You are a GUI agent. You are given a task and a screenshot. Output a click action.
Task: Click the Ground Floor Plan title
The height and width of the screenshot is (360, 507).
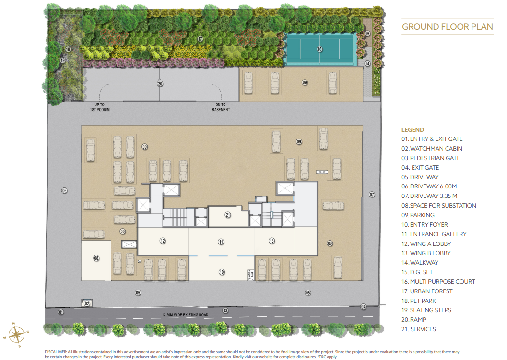point(447,26)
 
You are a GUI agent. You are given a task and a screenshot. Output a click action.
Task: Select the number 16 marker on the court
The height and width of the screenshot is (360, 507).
point(319,49)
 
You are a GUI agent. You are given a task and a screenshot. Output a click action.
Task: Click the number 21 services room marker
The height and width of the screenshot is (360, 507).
point(228,215)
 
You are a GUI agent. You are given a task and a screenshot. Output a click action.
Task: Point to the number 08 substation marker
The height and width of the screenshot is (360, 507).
point(96,258)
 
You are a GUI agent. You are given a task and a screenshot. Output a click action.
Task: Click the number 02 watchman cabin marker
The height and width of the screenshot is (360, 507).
point(87,303)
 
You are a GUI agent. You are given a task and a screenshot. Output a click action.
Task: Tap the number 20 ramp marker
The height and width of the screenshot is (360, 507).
point(160,83)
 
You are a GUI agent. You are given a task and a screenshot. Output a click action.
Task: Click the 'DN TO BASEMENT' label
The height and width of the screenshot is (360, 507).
point(221,107)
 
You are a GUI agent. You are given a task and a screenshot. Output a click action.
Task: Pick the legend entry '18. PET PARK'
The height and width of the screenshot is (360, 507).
point(419,301)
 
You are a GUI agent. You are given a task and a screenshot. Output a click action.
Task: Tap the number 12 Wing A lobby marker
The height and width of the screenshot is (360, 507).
point(163,241)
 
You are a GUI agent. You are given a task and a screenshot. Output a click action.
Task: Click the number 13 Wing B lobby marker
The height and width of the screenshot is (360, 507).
point(271,241)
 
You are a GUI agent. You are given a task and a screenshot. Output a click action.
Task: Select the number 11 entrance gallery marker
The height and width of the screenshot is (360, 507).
point(221,242)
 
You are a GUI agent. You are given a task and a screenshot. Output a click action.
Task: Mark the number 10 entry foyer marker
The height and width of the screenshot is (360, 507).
point(222,272)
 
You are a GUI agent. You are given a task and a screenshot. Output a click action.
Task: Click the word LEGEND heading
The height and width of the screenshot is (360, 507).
point(413,129)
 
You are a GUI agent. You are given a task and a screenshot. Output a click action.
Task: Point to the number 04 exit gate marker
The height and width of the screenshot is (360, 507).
point(363,306)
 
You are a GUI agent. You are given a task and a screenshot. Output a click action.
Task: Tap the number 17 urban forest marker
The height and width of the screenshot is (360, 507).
point(200,39)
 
